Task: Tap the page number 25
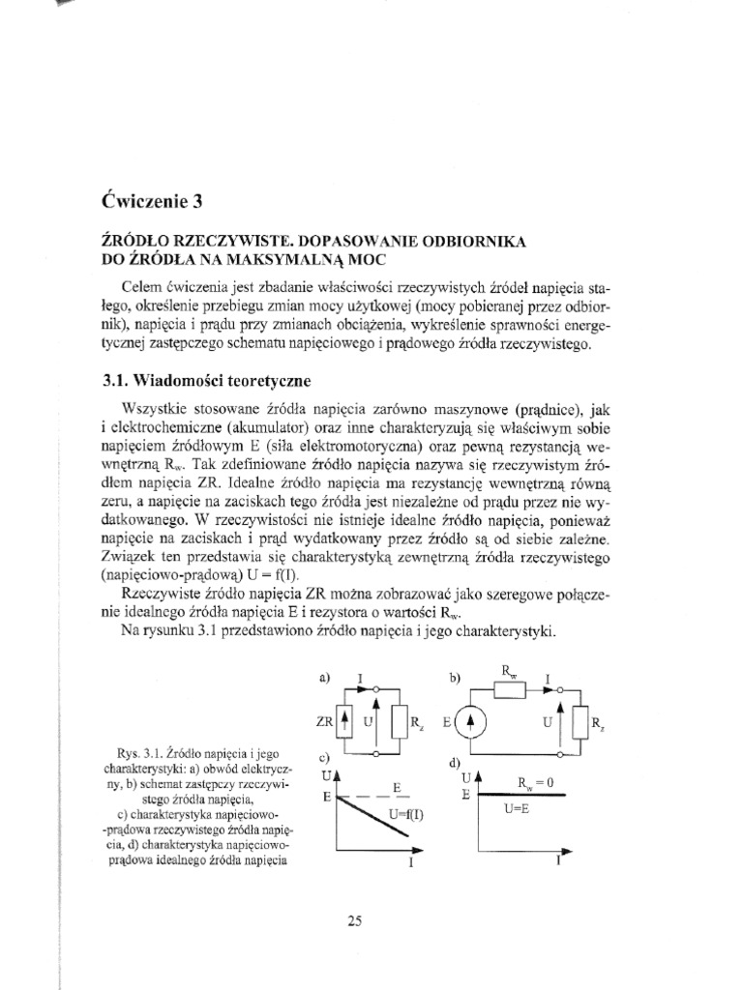click(353, 921)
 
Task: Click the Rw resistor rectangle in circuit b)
click(509, 689)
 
